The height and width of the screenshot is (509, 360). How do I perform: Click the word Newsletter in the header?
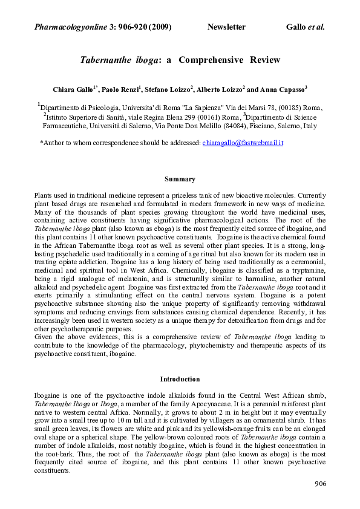(x=226, y=27)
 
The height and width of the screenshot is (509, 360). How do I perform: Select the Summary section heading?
(x=180, y=179)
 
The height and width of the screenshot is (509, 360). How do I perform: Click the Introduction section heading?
(x=180, y=379)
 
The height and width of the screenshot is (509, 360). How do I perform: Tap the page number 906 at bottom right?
(x=321, y=484)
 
